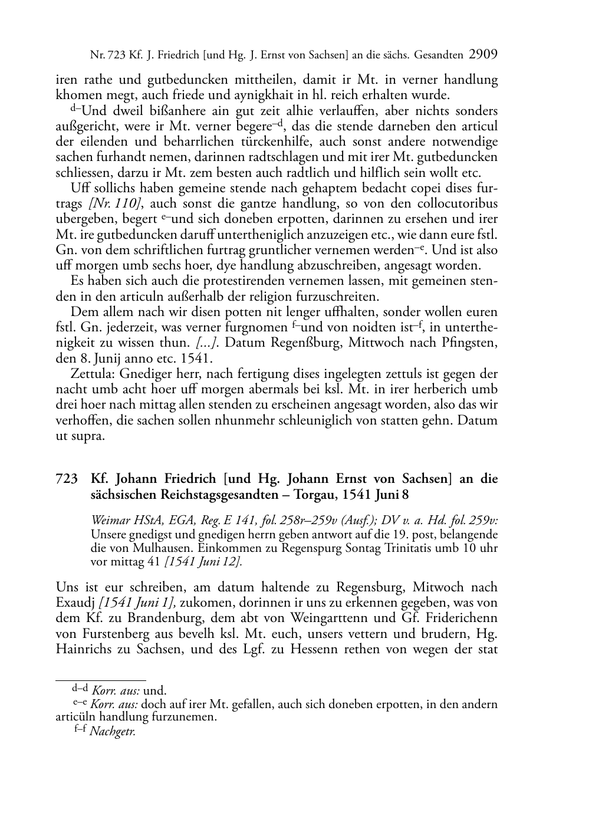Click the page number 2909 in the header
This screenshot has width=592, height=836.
pyautogui.click(x=484, y=55)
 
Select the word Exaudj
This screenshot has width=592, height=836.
pyautogui.click(x=75, y=603)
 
